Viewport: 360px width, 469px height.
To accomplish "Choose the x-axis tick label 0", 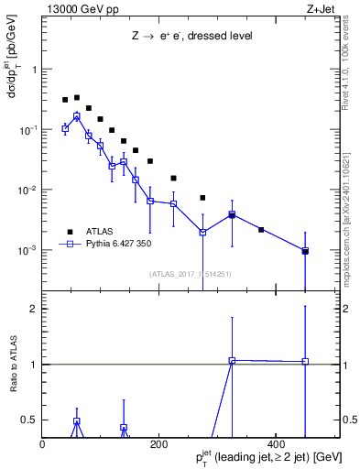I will coord(43,444).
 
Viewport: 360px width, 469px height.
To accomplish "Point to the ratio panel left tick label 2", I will coord(33,309).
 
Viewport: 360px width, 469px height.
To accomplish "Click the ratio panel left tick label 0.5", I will coord(29,420).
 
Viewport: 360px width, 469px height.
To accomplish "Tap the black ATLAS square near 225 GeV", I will coord(173,178).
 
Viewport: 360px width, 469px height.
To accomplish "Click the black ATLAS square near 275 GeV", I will coord(202,198).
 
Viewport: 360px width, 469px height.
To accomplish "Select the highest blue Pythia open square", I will coord(77,116).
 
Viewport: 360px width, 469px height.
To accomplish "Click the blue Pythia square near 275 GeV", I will coord(202,232).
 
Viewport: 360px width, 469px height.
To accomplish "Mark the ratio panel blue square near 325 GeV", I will coord(232,361).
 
